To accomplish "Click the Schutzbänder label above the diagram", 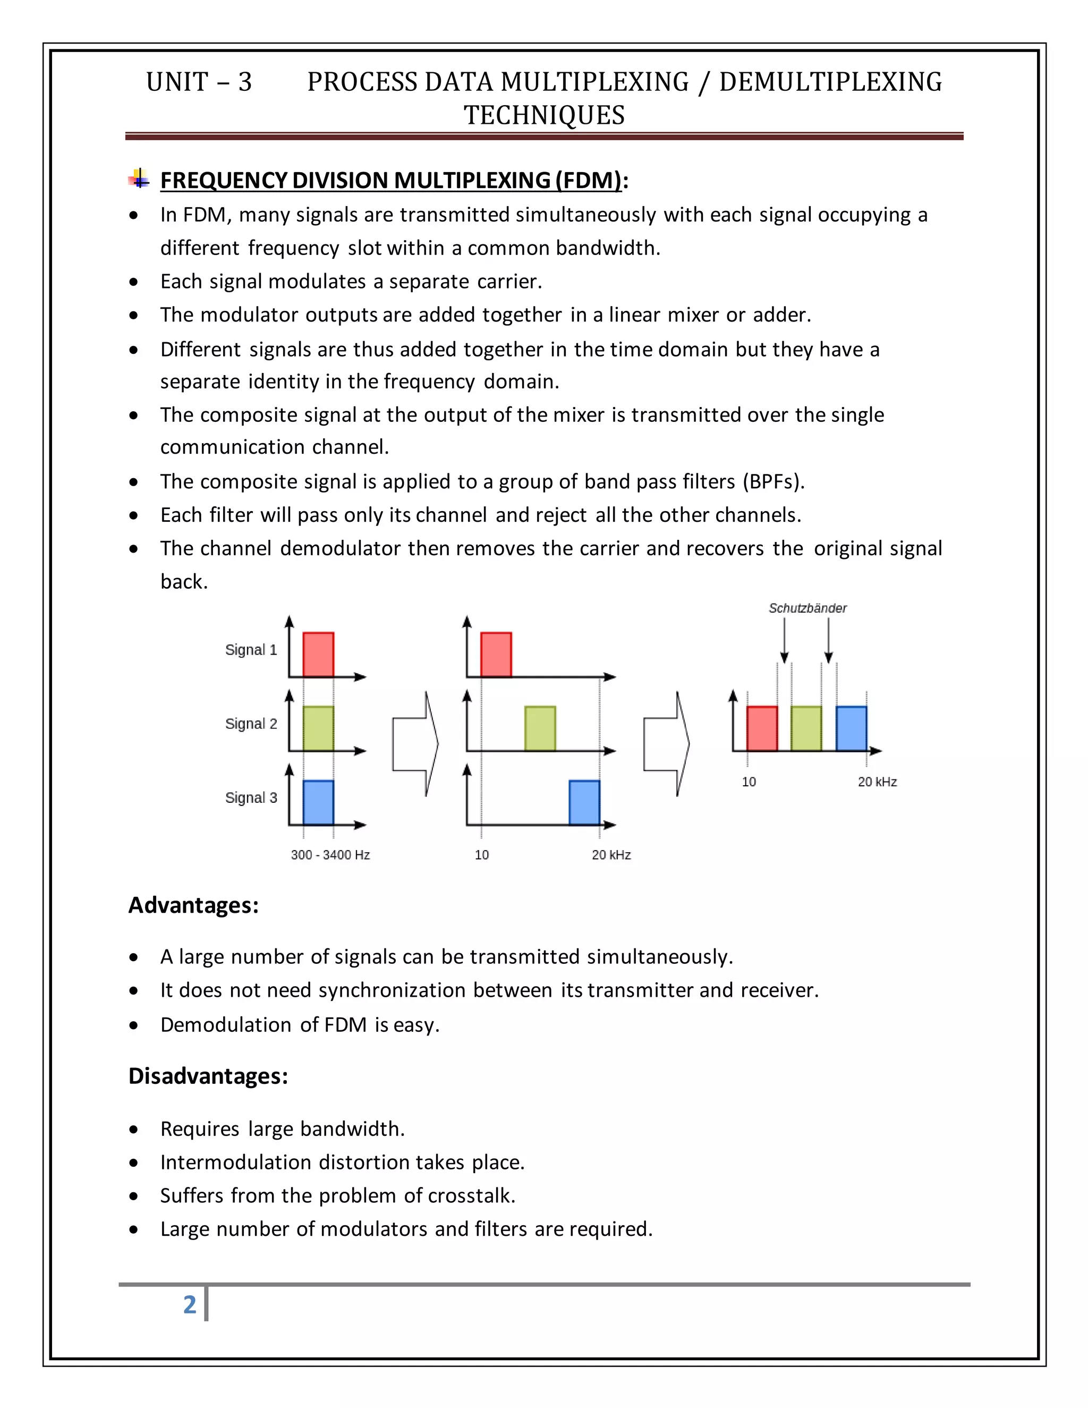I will point(807,608).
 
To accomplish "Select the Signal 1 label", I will point(251,650).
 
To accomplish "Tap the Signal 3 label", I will point(251,798).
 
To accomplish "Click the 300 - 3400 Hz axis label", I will point(330,855).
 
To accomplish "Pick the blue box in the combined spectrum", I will point(851,728).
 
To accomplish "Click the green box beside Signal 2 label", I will point(318,728).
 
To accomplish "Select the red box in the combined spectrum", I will point(762,728).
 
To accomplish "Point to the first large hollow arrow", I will point(415,744).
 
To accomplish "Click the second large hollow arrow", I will point(666,744).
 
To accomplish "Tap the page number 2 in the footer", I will point(190,1304).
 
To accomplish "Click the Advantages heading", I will point(193,905).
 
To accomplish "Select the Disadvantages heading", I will point(208,1076).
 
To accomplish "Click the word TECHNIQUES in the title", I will point(544,115).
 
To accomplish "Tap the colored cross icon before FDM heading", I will point(139,179).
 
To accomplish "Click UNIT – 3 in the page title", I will point(199,82).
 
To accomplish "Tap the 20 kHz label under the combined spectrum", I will point(877,782).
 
